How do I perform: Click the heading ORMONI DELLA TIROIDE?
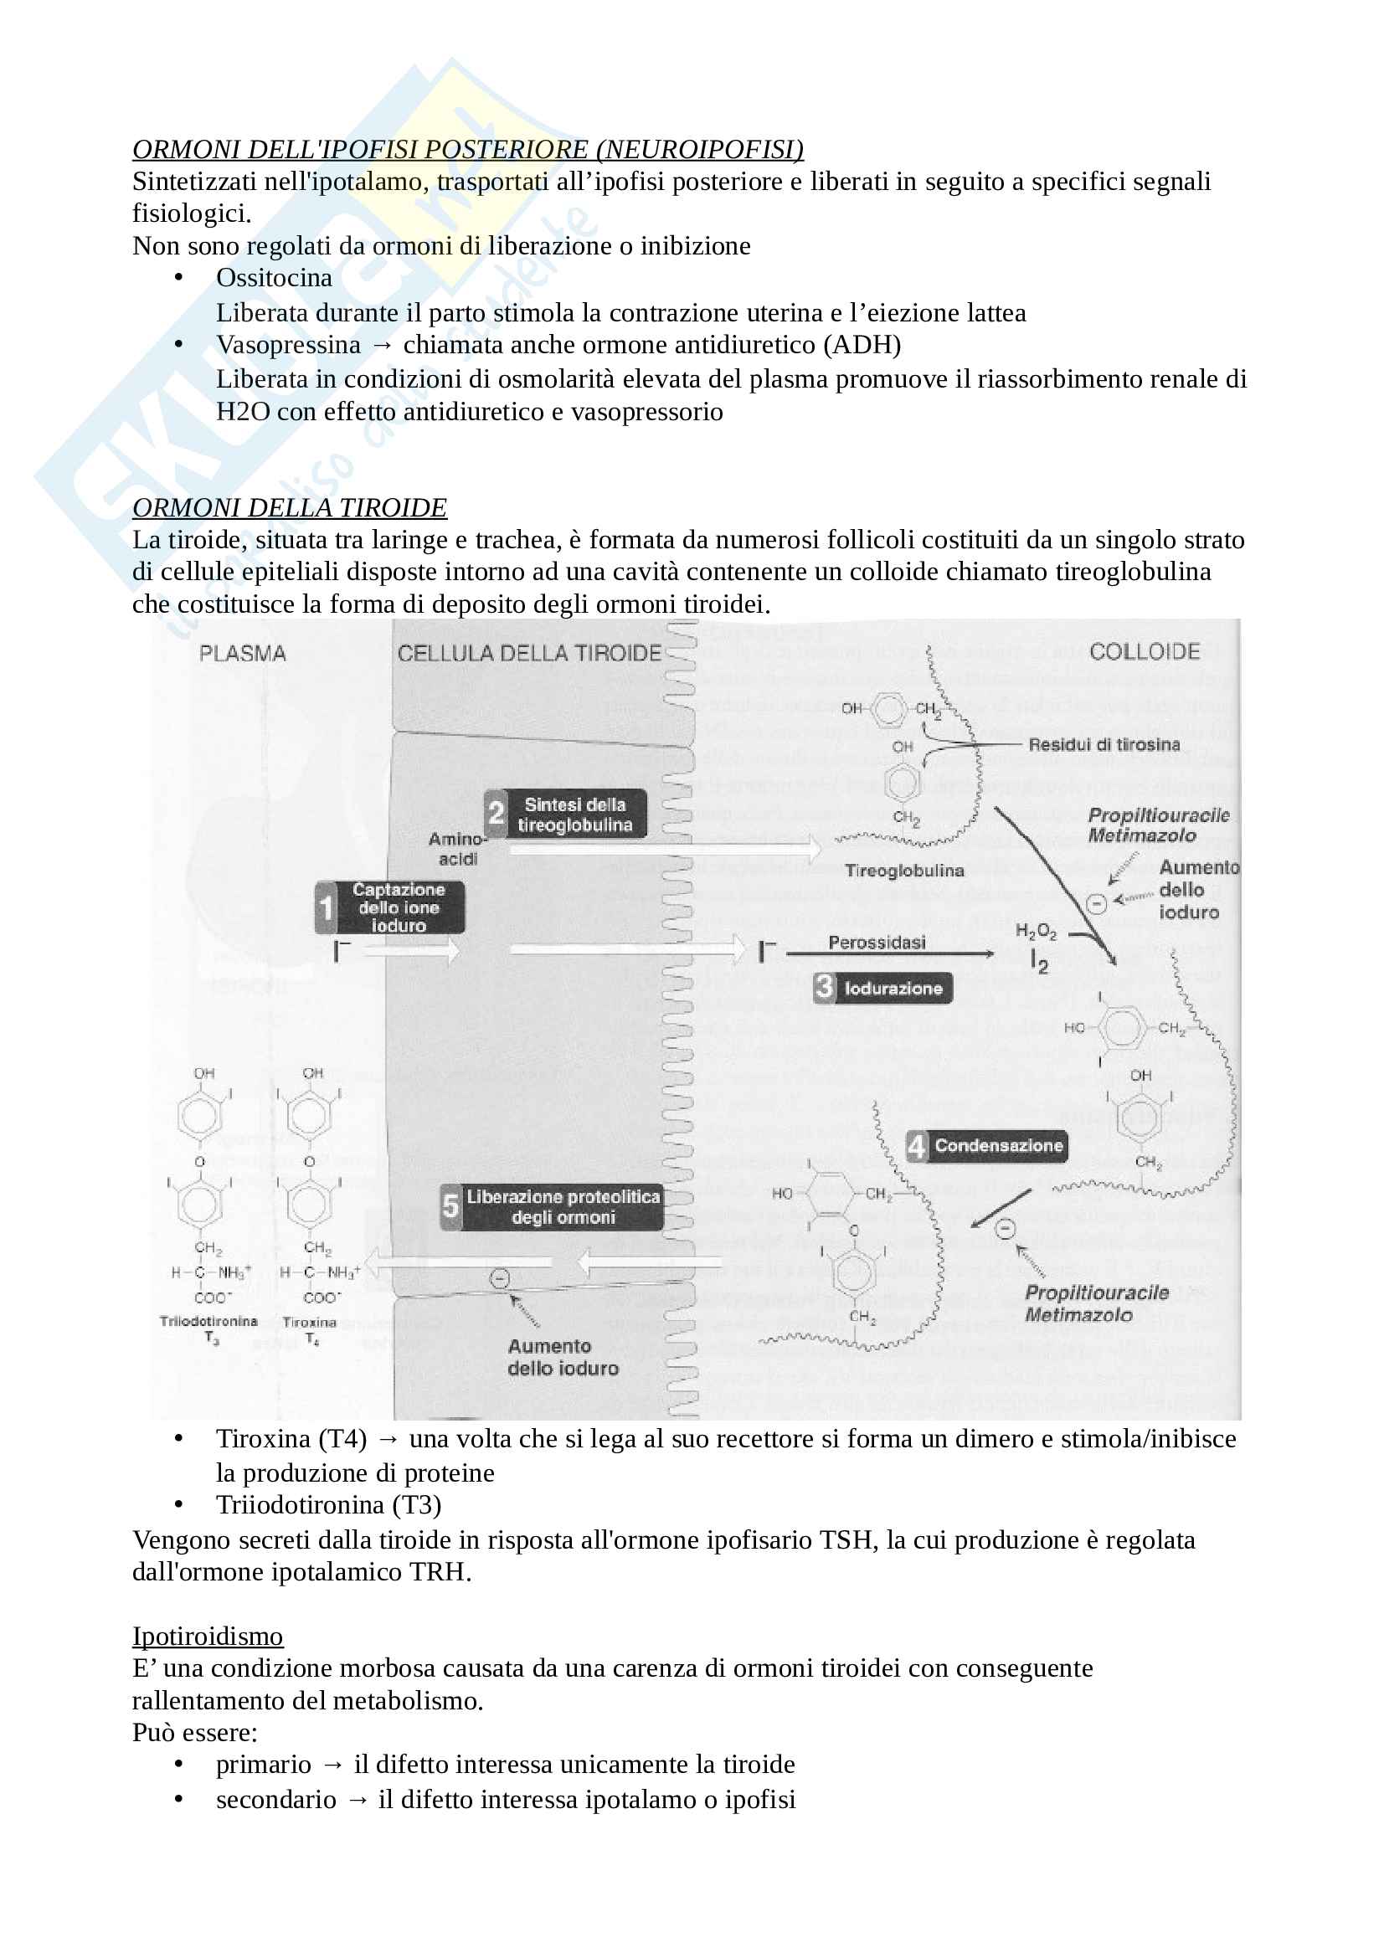click(289, 507)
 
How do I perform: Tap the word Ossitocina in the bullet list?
click(274, 278)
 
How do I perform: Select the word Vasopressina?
click(288, 345)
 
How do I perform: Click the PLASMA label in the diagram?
click(242, 654)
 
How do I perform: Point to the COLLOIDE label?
click(1145, 652)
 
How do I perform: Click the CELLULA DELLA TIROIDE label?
click(528, 654)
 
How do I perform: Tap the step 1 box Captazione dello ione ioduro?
click(390, 907)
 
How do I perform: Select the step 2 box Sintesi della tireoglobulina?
click(565, 815)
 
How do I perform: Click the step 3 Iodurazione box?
click(882, 989)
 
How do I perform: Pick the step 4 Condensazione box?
click(987, 1146)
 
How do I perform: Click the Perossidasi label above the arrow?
click(877, 943)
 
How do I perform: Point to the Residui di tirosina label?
click(1104, 744)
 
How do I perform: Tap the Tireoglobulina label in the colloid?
click(904, 871)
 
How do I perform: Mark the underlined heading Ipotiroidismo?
click(207, 1637)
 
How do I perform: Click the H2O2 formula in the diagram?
click(1035, 931)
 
